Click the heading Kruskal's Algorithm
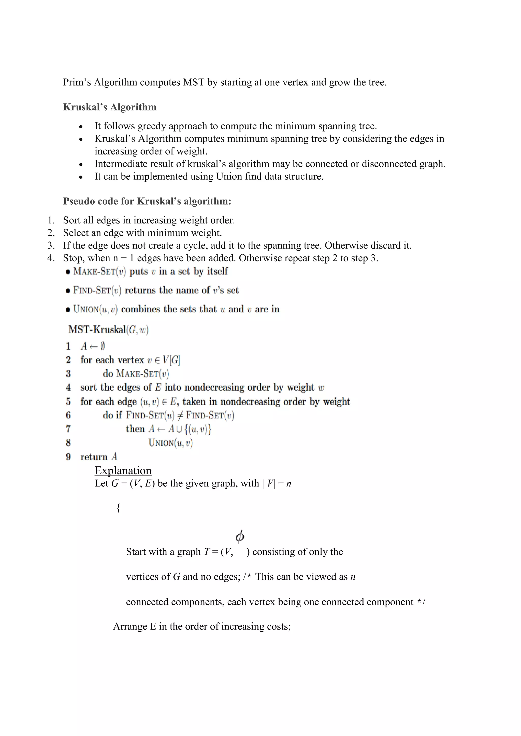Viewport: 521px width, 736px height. tap(110, 107)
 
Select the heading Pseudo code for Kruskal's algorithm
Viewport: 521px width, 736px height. tap(147, 201)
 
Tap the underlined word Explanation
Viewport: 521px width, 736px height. tap(123, 471)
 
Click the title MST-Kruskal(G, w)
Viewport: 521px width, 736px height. tap(108, 330)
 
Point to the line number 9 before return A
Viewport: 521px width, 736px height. tap(68, 457)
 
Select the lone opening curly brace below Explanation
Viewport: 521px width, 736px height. tap(118, 508)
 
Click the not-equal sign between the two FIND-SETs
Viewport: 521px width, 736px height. tap(180, 416)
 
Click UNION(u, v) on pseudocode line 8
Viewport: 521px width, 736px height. tap(170, 443)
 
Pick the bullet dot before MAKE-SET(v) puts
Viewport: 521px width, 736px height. tap(68, 272)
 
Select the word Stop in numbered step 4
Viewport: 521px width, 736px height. tap(73, 258)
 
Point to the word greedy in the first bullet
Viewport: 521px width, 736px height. tap(152, 126)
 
